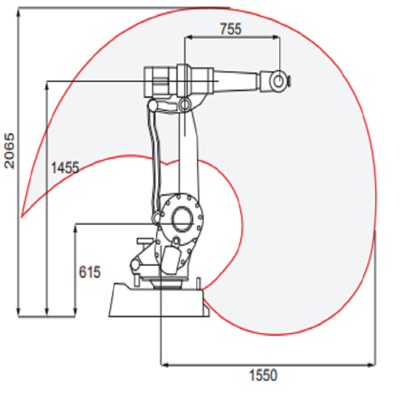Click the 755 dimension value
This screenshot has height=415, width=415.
[x=231, y=29]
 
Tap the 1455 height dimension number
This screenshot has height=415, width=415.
[x=65, y=168]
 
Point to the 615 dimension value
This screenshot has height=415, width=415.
[x=90, y=272]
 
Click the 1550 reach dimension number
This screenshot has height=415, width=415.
[x=263, y=376]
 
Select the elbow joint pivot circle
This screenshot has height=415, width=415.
[x=184, y=103]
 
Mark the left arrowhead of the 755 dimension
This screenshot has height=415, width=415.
[x=186, y=38]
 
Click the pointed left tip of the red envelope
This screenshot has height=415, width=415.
[x=21, y=216]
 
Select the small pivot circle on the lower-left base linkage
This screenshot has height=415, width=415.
[x=135, y=266]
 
